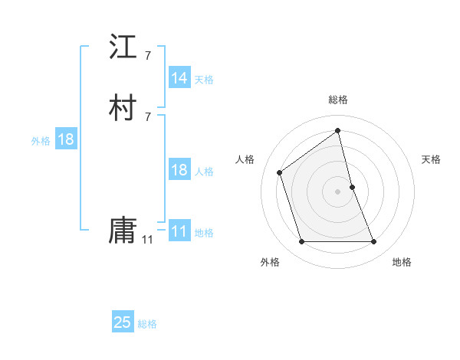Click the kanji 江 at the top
[x=123, y=47]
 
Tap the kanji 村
[x=123, y=108]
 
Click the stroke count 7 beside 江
[x=147, y=56]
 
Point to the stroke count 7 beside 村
[x=147, y=116]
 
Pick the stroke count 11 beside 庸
[x=147, y=239]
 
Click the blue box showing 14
[x=179, y=78]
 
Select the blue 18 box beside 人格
[x=179, y=170]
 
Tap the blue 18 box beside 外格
[x=65, y=139]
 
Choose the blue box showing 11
[x=179, y=231]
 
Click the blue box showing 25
[x=123, y=322]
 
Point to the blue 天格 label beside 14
[x=204, y=80]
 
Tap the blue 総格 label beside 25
[x=147, y=324]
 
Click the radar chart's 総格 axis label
[x=338, y=100]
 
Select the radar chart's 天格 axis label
[x=432, y=159]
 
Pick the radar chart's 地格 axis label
[x=402, y=262]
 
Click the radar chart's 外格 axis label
[x=270, y=262]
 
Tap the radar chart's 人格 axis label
[x=245, y=159]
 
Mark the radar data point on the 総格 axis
[x=338, y=131]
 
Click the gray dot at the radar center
[x=338, y=191]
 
